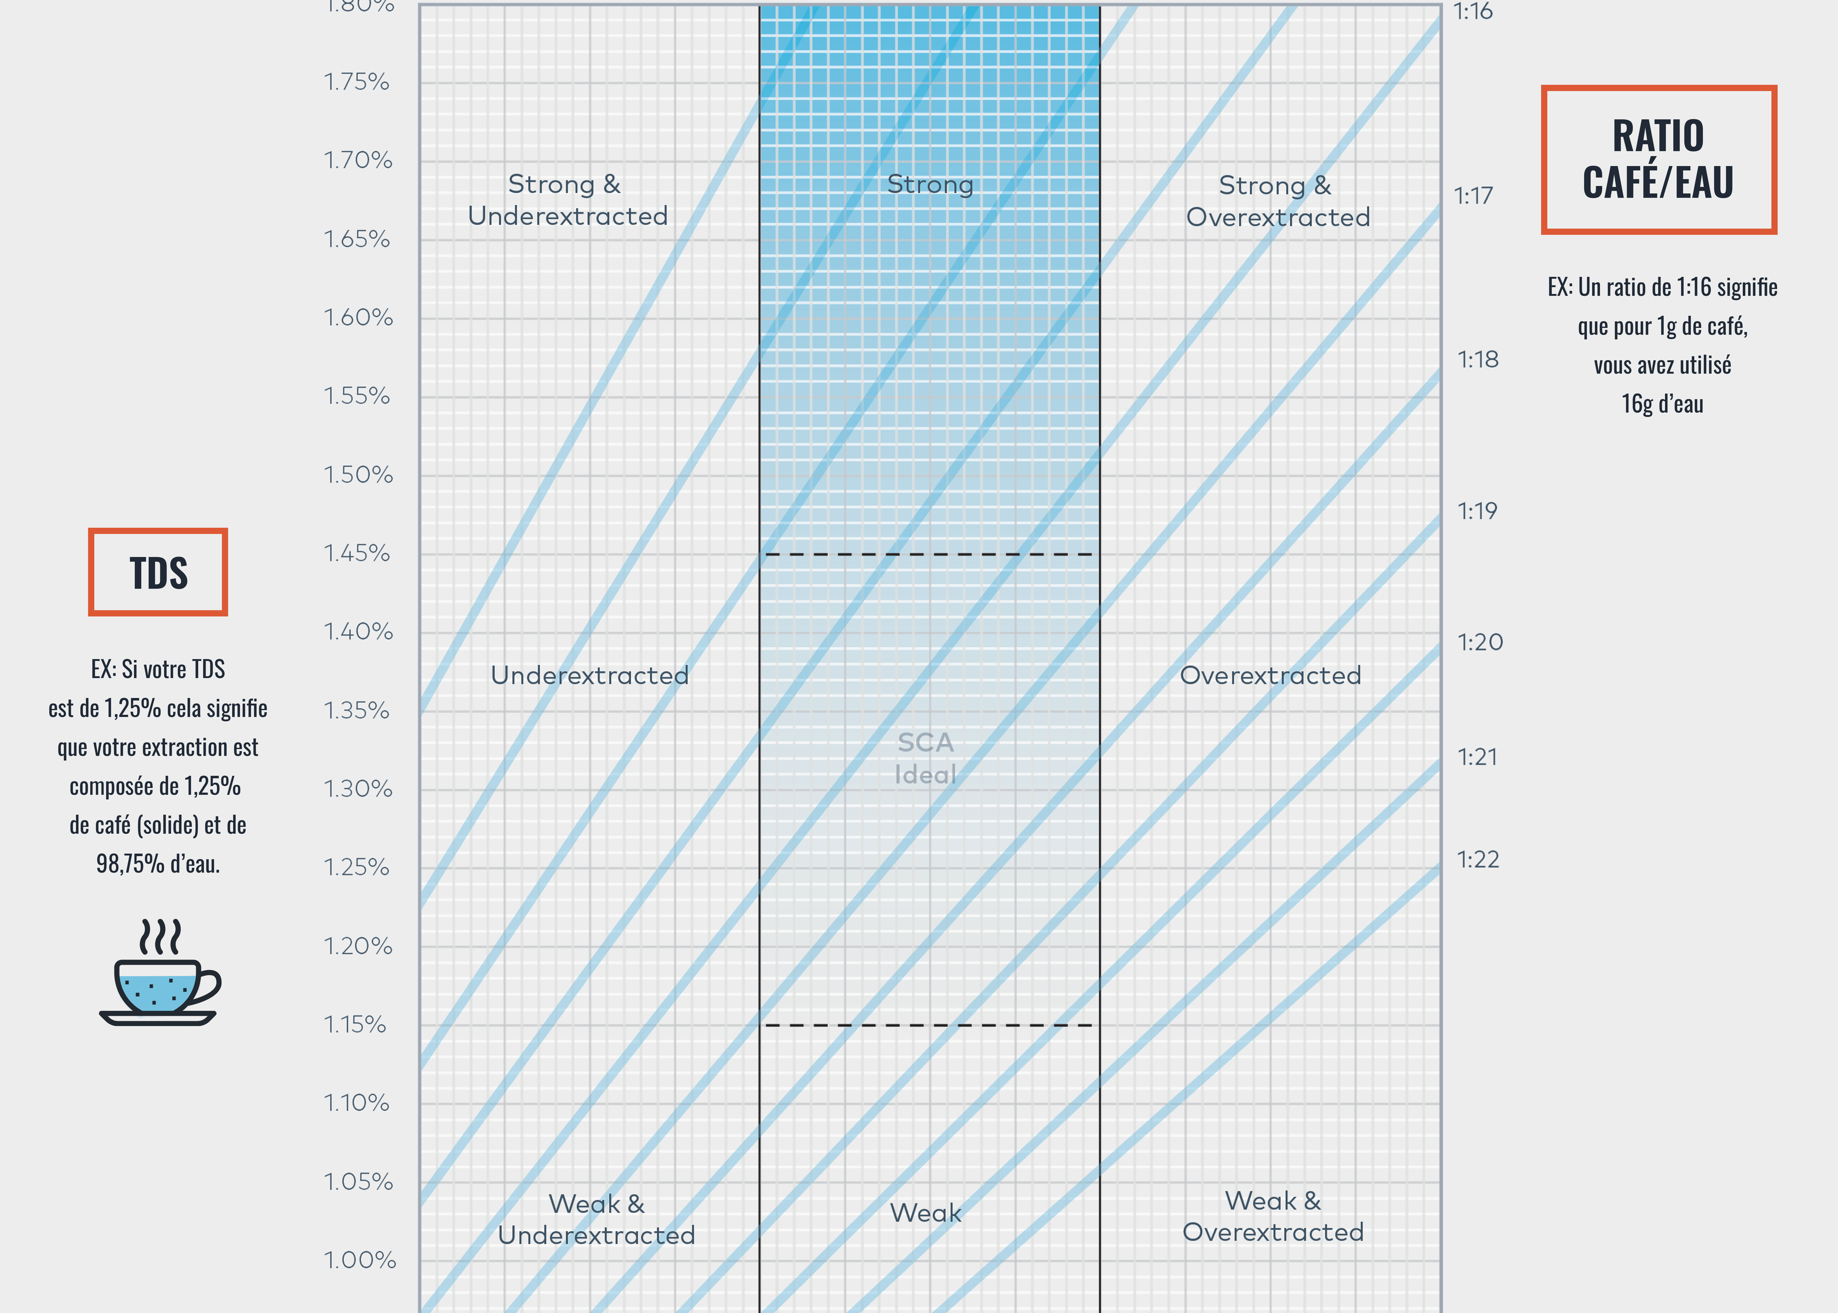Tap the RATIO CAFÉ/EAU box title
coord(1658,159)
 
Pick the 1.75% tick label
coord(357,82)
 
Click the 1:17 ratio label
coord(1473,196)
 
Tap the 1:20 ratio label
coord(1479,642)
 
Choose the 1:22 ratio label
coord(1478,860)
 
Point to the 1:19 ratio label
coord(1477,511)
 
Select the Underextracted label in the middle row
coord(589,675)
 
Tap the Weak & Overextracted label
coord(1273,1216)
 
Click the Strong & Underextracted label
coord(567,200)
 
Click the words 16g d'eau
coord(1662,404)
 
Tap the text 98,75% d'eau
coord(157,864)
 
